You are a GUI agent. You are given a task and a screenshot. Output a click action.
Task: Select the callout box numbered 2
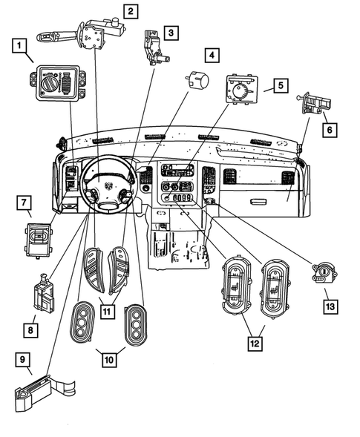(x=130, y=11)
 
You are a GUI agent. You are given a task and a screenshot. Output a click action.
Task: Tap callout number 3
(x=171, y=33)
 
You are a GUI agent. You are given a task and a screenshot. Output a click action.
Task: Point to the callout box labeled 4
(x=212, y=55)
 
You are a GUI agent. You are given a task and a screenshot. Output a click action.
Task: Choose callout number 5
(x=281, y=85)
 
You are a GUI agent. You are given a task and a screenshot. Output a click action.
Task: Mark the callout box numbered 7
(x=24, y=202)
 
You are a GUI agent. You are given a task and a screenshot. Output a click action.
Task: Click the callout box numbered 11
(x=108, y=312)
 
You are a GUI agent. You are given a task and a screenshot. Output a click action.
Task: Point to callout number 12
(x=255, y=343)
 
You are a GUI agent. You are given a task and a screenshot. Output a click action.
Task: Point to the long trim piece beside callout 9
(x=45, y=392)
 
